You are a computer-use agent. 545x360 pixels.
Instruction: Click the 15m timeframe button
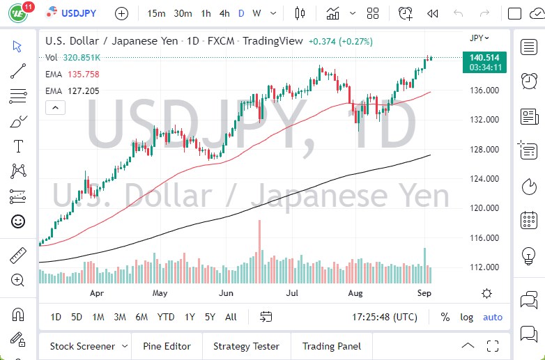pyautogui.click(x=157, y=13)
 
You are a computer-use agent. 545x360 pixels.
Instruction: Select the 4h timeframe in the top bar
pyautogui.click(x=224, y=13)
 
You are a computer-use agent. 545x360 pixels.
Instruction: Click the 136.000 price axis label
pyautogui.click(x=484, y=91)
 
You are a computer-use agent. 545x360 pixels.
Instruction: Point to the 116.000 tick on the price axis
pyautogui.click(x=484, y=238)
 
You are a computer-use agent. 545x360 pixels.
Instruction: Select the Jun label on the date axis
pyautogui.click(x=225, y=293)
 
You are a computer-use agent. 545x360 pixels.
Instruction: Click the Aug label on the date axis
pyautogui.click(x=355, y=293)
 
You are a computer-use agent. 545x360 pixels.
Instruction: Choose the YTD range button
pyautogui.click(x=166, y=317)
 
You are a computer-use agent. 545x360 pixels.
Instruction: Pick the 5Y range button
pyautogui.click(x=210, y=317)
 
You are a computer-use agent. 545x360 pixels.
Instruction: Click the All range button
pyautogui.click(x=231, y=317)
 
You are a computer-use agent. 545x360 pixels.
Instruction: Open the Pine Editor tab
pyautogui.click(x=167, y=346)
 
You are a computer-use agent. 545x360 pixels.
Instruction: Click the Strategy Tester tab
pyautogui.click(x=246, y=346)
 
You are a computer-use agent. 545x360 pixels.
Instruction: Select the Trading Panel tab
pyautogui.click(x=331, y=346)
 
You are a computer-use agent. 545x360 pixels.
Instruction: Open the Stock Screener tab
pyautogui.click(x=82, y=346)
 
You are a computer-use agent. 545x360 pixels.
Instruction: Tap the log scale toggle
pyautogui.click(x=466, y=317)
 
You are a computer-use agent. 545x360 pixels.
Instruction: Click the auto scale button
pyautogui.click(x=492, y=317)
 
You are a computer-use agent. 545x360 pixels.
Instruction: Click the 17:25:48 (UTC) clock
pyautogui.click(x=385, y=317)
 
